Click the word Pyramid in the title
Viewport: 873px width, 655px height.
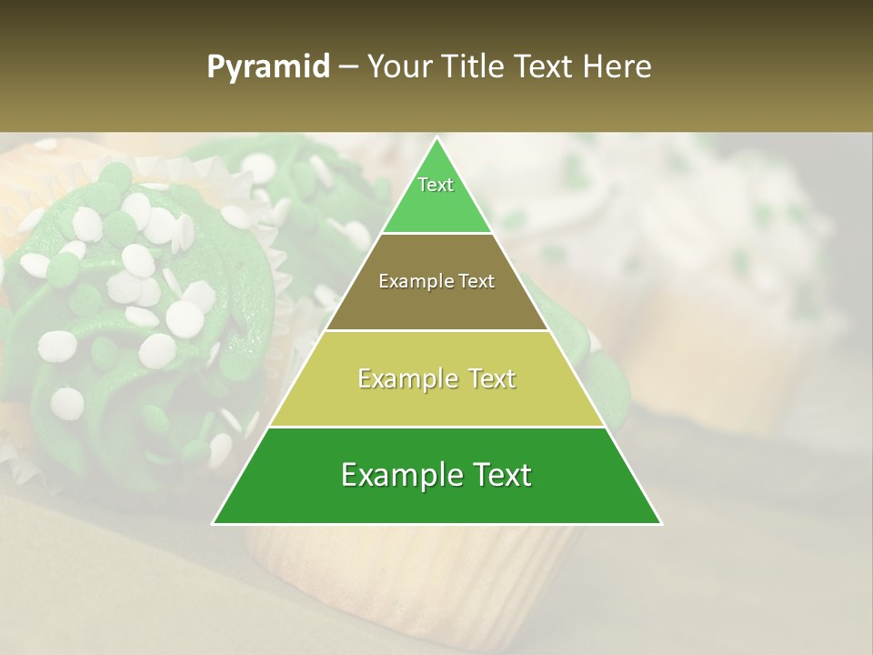click(267, 67)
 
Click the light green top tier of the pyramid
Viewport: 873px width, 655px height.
click(436, 205)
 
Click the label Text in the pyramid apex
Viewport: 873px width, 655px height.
click(436, 185)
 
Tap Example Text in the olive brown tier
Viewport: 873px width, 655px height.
click(436, 281)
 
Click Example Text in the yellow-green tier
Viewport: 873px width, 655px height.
click(436, 378)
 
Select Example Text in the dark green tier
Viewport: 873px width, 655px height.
click(436, 475)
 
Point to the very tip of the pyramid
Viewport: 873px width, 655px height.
click(437, 139)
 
